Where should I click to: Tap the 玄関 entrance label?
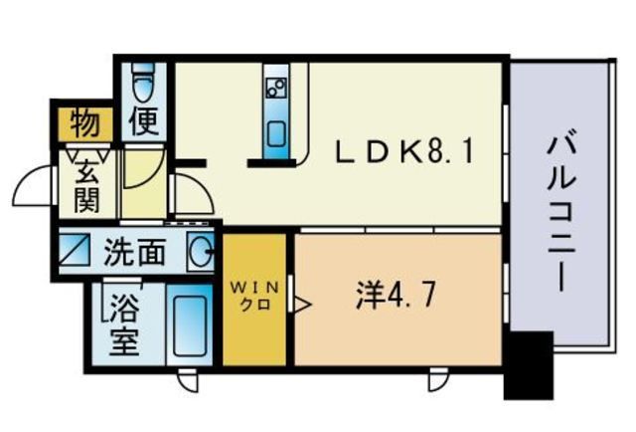pyautogui.click(x=85, y=186)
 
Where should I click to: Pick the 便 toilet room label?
pyautogui.click(x=146, y=124)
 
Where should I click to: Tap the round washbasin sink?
pyautogui.click(x=200, y=251)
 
